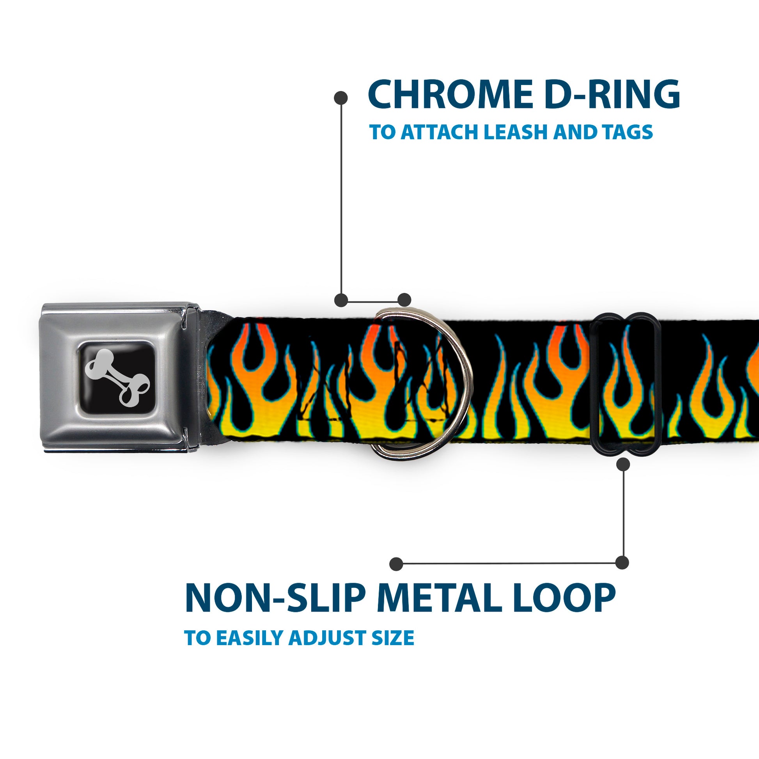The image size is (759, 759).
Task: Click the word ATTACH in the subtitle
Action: [x=440, y=132]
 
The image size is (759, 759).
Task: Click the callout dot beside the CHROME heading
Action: [x=340, y=98]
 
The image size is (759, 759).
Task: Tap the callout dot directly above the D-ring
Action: [x=404, y=300]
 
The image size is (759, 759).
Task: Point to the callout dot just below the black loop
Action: [x=623, y=465]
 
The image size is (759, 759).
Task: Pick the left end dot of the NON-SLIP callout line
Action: [x=396, y=564]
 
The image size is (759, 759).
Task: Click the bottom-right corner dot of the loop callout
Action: [x=622, y=562]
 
